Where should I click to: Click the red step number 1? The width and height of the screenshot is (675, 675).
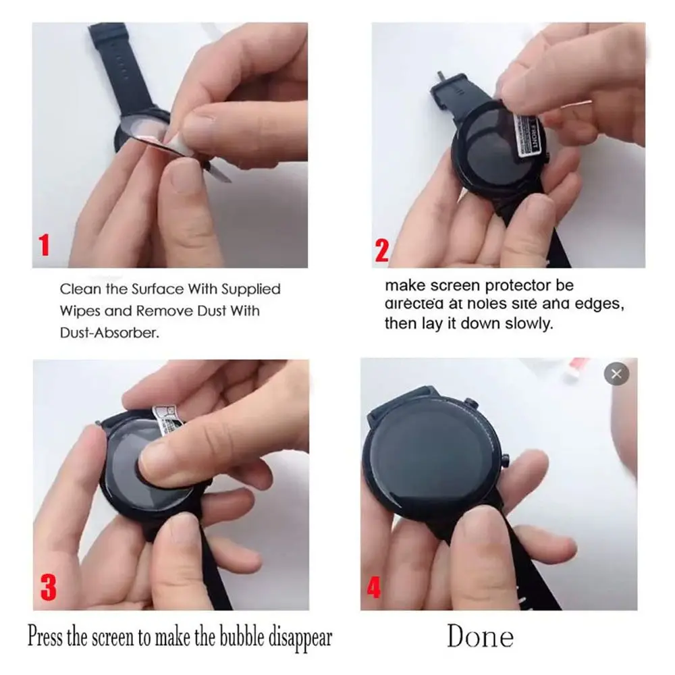(x=45, y=244)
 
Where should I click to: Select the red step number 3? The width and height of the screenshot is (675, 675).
(x=48, y=587)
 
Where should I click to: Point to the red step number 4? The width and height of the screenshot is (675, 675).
(x=373, y=587)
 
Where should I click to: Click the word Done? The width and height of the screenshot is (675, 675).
(x=480, y=637)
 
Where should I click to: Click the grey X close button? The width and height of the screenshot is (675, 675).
(x=616, y=373)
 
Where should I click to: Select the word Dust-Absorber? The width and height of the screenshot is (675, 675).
(x=110, y=333)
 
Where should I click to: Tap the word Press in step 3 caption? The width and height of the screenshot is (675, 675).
(x=45, y=637)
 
